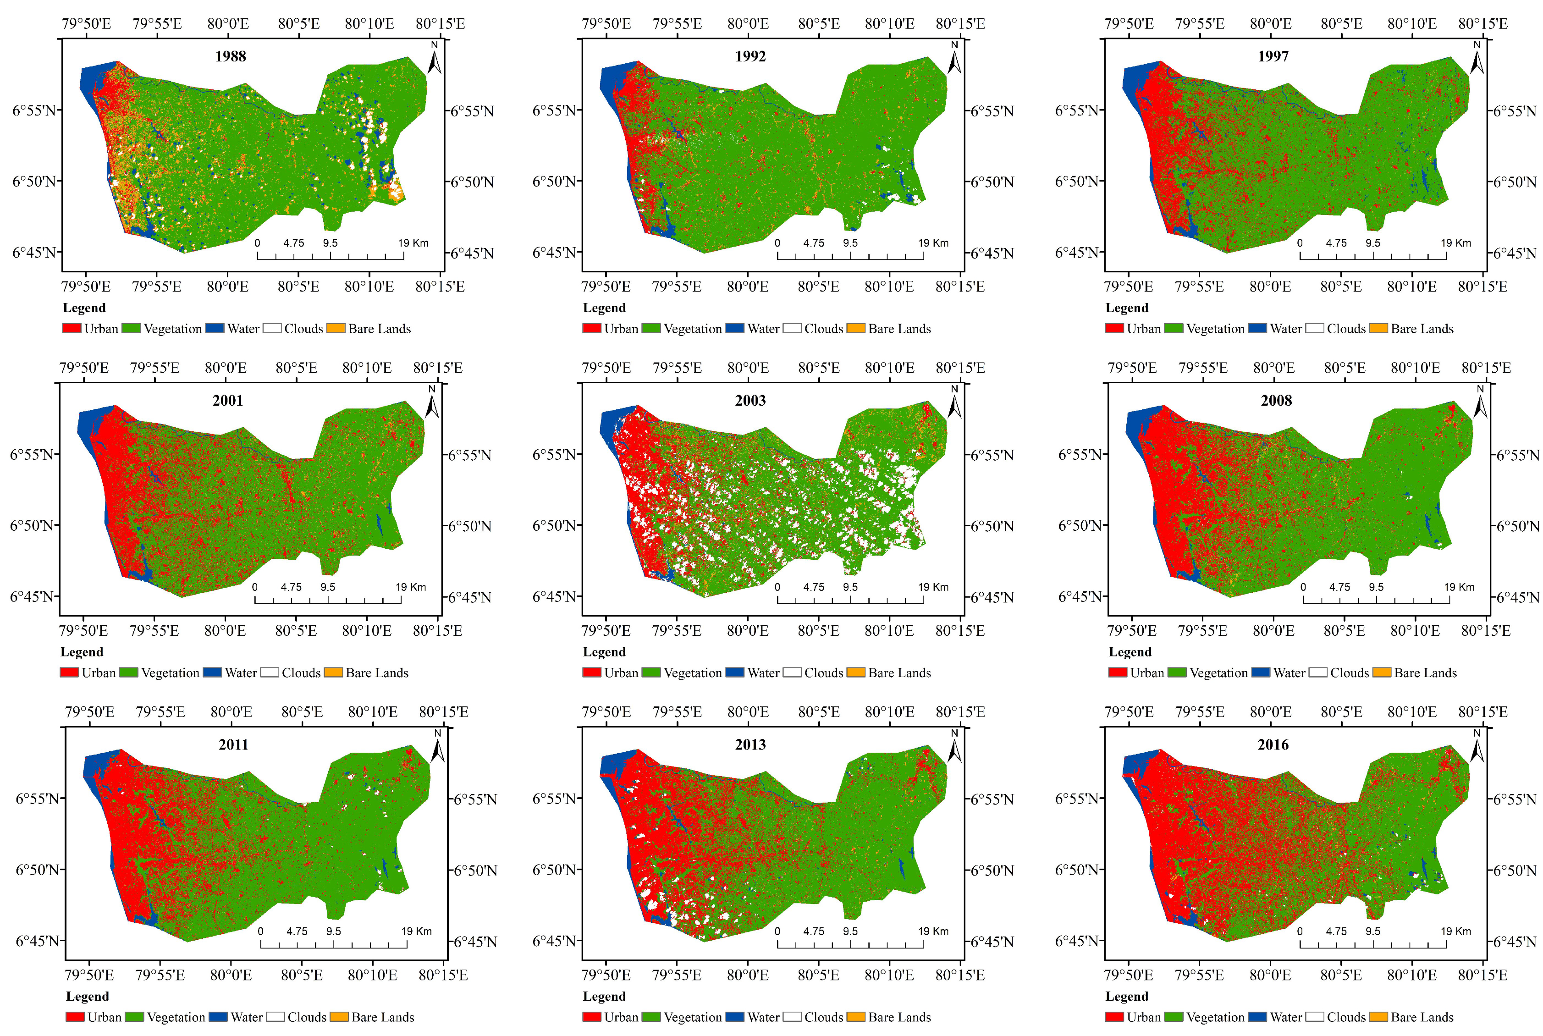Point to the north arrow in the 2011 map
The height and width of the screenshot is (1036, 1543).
point(437,747)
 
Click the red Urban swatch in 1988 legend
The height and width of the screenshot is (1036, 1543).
point(72,328)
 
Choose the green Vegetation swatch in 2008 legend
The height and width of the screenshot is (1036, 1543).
point(1177,672)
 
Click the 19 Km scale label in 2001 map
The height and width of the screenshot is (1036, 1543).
point(410,587)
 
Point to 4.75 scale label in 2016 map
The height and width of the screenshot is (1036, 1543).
point(1336,931)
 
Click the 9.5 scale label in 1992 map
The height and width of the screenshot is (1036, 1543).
point(849,242)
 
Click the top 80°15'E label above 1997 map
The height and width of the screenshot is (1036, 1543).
point(1482,24)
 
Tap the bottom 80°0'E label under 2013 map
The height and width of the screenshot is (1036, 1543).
point(747,975)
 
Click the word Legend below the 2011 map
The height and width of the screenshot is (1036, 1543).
point(87,997)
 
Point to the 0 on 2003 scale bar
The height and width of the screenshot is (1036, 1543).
point(777,587)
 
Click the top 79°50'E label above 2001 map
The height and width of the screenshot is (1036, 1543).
point(84,368)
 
